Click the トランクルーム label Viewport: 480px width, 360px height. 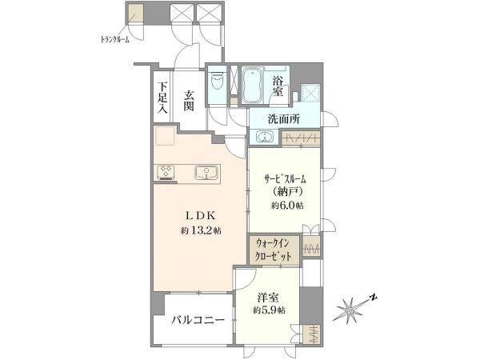[114, 38]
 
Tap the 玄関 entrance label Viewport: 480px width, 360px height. [190, 101]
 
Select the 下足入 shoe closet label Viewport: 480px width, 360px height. [162, 97]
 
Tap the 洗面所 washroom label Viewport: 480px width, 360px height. [284, 119]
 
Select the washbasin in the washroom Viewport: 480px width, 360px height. [265, 138]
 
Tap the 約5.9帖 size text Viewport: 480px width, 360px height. [269, 310]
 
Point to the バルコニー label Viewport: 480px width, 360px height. [196, 322]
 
